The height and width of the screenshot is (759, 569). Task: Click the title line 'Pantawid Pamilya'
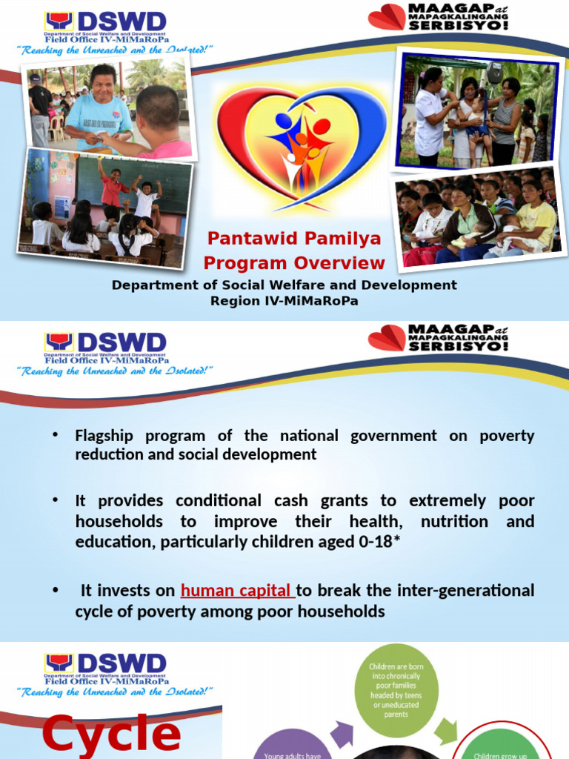pos(294,239)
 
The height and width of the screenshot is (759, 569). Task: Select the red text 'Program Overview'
pos(294,263)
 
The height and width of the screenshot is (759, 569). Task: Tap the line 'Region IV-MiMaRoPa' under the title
pos(284,301)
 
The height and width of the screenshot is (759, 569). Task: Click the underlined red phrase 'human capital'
pos(237,591)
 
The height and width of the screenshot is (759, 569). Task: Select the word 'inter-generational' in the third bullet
pos(466,591)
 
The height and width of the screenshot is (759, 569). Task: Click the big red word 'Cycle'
pos(111,735)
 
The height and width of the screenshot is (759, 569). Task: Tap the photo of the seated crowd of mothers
pos(478,220)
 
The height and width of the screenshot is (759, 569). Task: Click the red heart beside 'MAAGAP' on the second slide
pos(387,338)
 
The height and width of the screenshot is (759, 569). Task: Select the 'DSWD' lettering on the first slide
pos(120,23)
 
